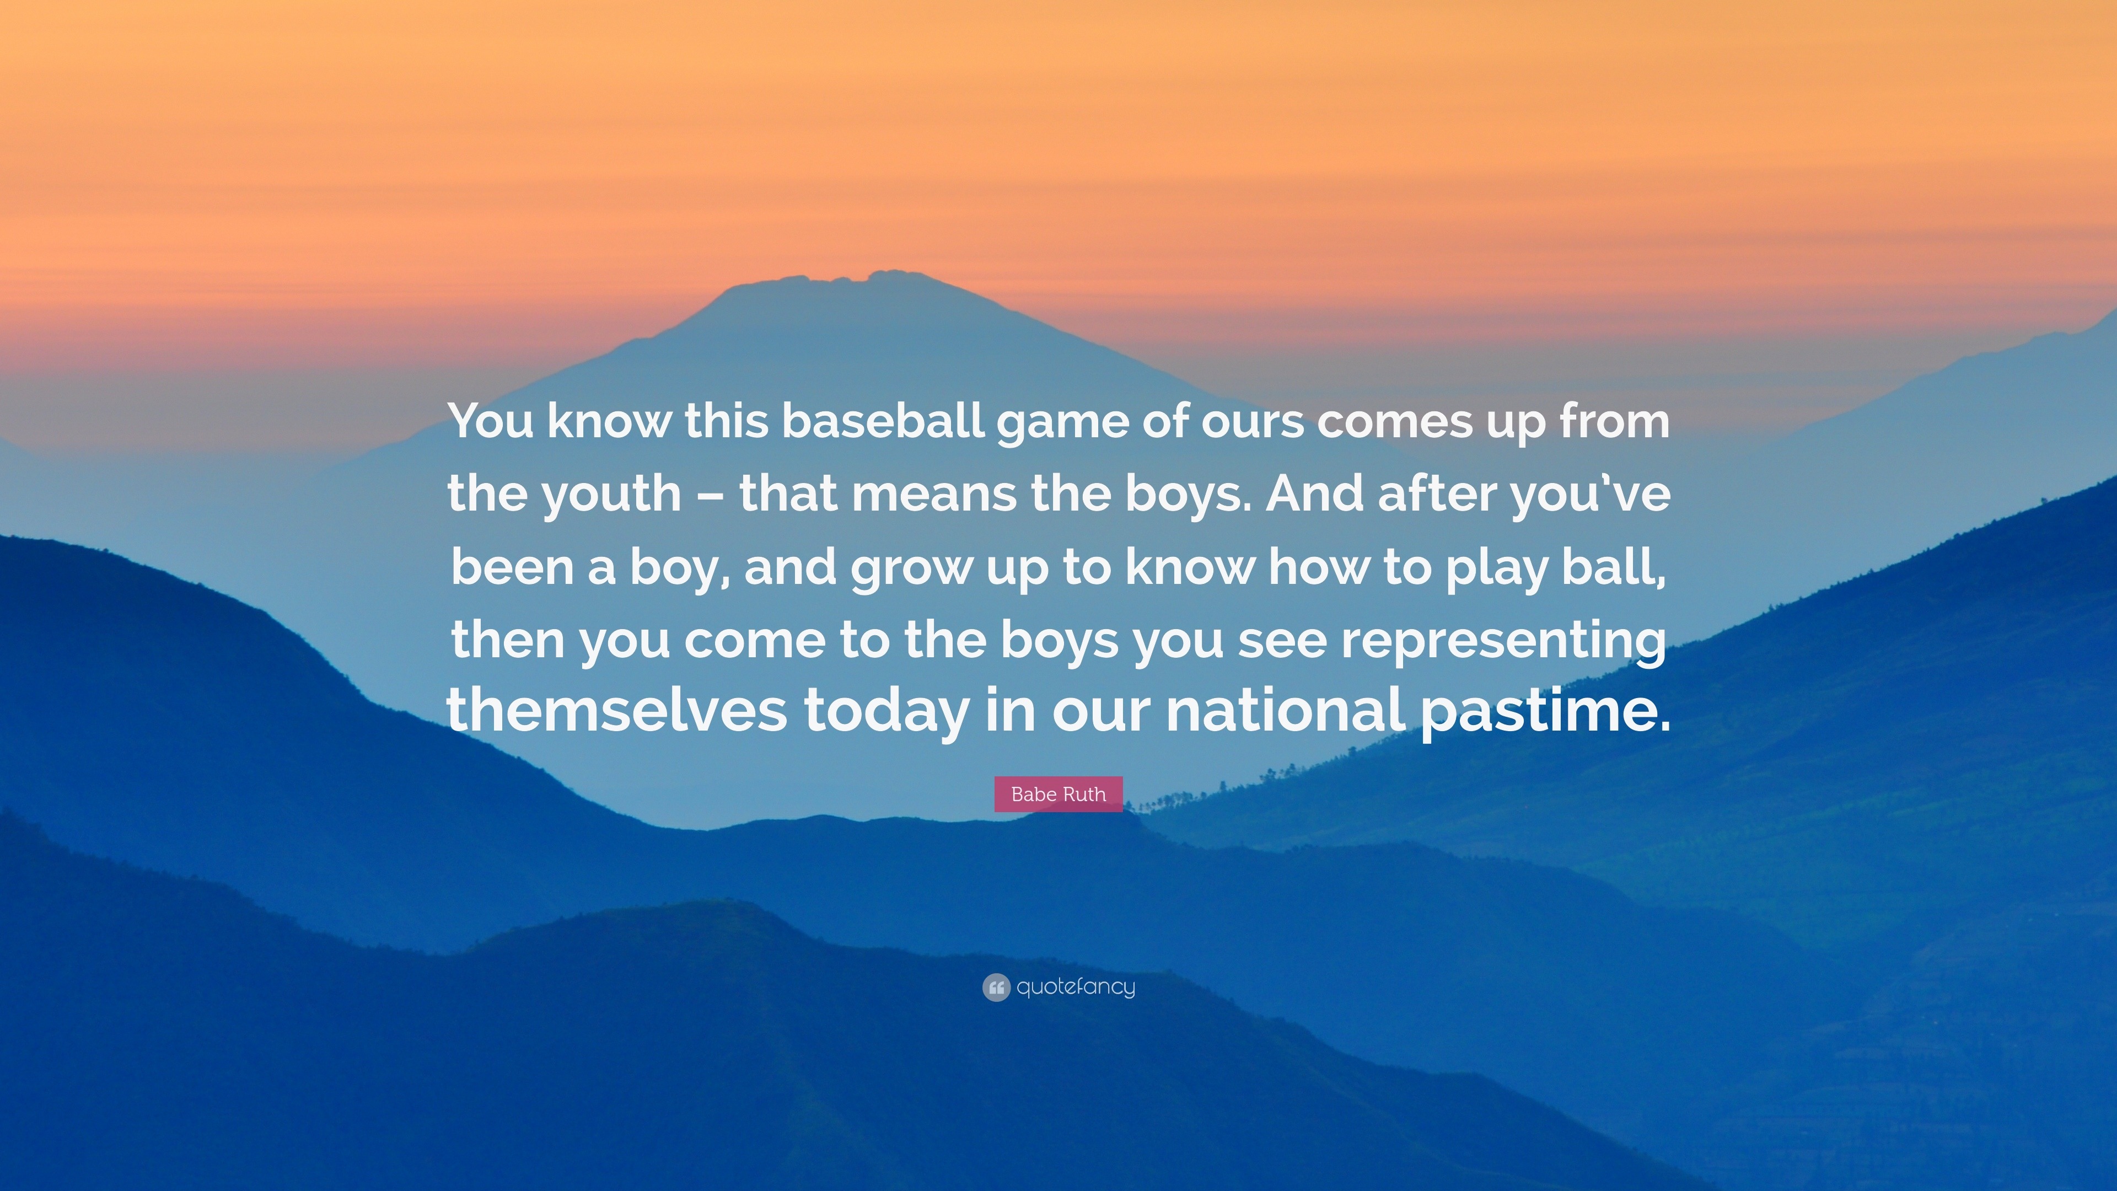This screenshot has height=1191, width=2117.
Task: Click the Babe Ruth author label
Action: tap(1058, 794)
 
